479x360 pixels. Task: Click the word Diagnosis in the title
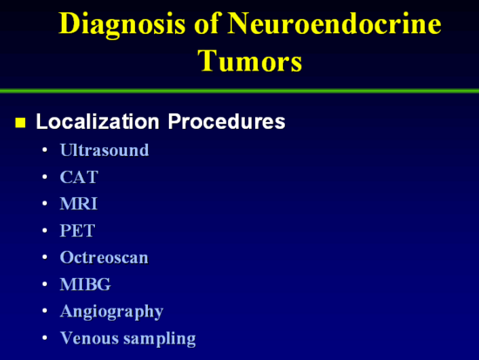(x=122, y=24)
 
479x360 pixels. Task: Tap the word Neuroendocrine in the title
(x=334, y=24)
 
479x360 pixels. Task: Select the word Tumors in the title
(x=250, y=60)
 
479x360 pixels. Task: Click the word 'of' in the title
(x=207, y=23)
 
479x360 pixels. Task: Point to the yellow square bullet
(x=21, y=122)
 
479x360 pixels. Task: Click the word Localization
(x=98, y=121)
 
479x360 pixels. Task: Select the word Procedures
(x=226, y=121)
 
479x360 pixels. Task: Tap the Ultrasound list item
(x=105, y=150)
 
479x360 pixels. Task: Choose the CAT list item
(x=79, y=177)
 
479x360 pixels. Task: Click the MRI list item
(x=78, y=203)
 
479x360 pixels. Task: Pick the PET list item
(x=78, y=230)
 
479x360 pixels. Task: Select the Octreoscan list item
(x=105, y=257)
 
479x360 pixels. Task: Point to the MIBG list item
(x=85, y=284)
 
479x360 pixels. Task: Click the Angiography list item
(x=111, y=312)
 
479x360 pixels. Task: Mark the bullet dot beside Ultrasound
(x=45, y=150)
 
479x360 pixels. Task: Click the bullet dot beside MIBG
(x=45, y=284)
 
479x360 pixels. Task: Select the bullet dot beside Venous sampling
(x=45, y=337)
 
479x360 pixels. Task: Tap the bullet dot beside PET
(x=45, y=230)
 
